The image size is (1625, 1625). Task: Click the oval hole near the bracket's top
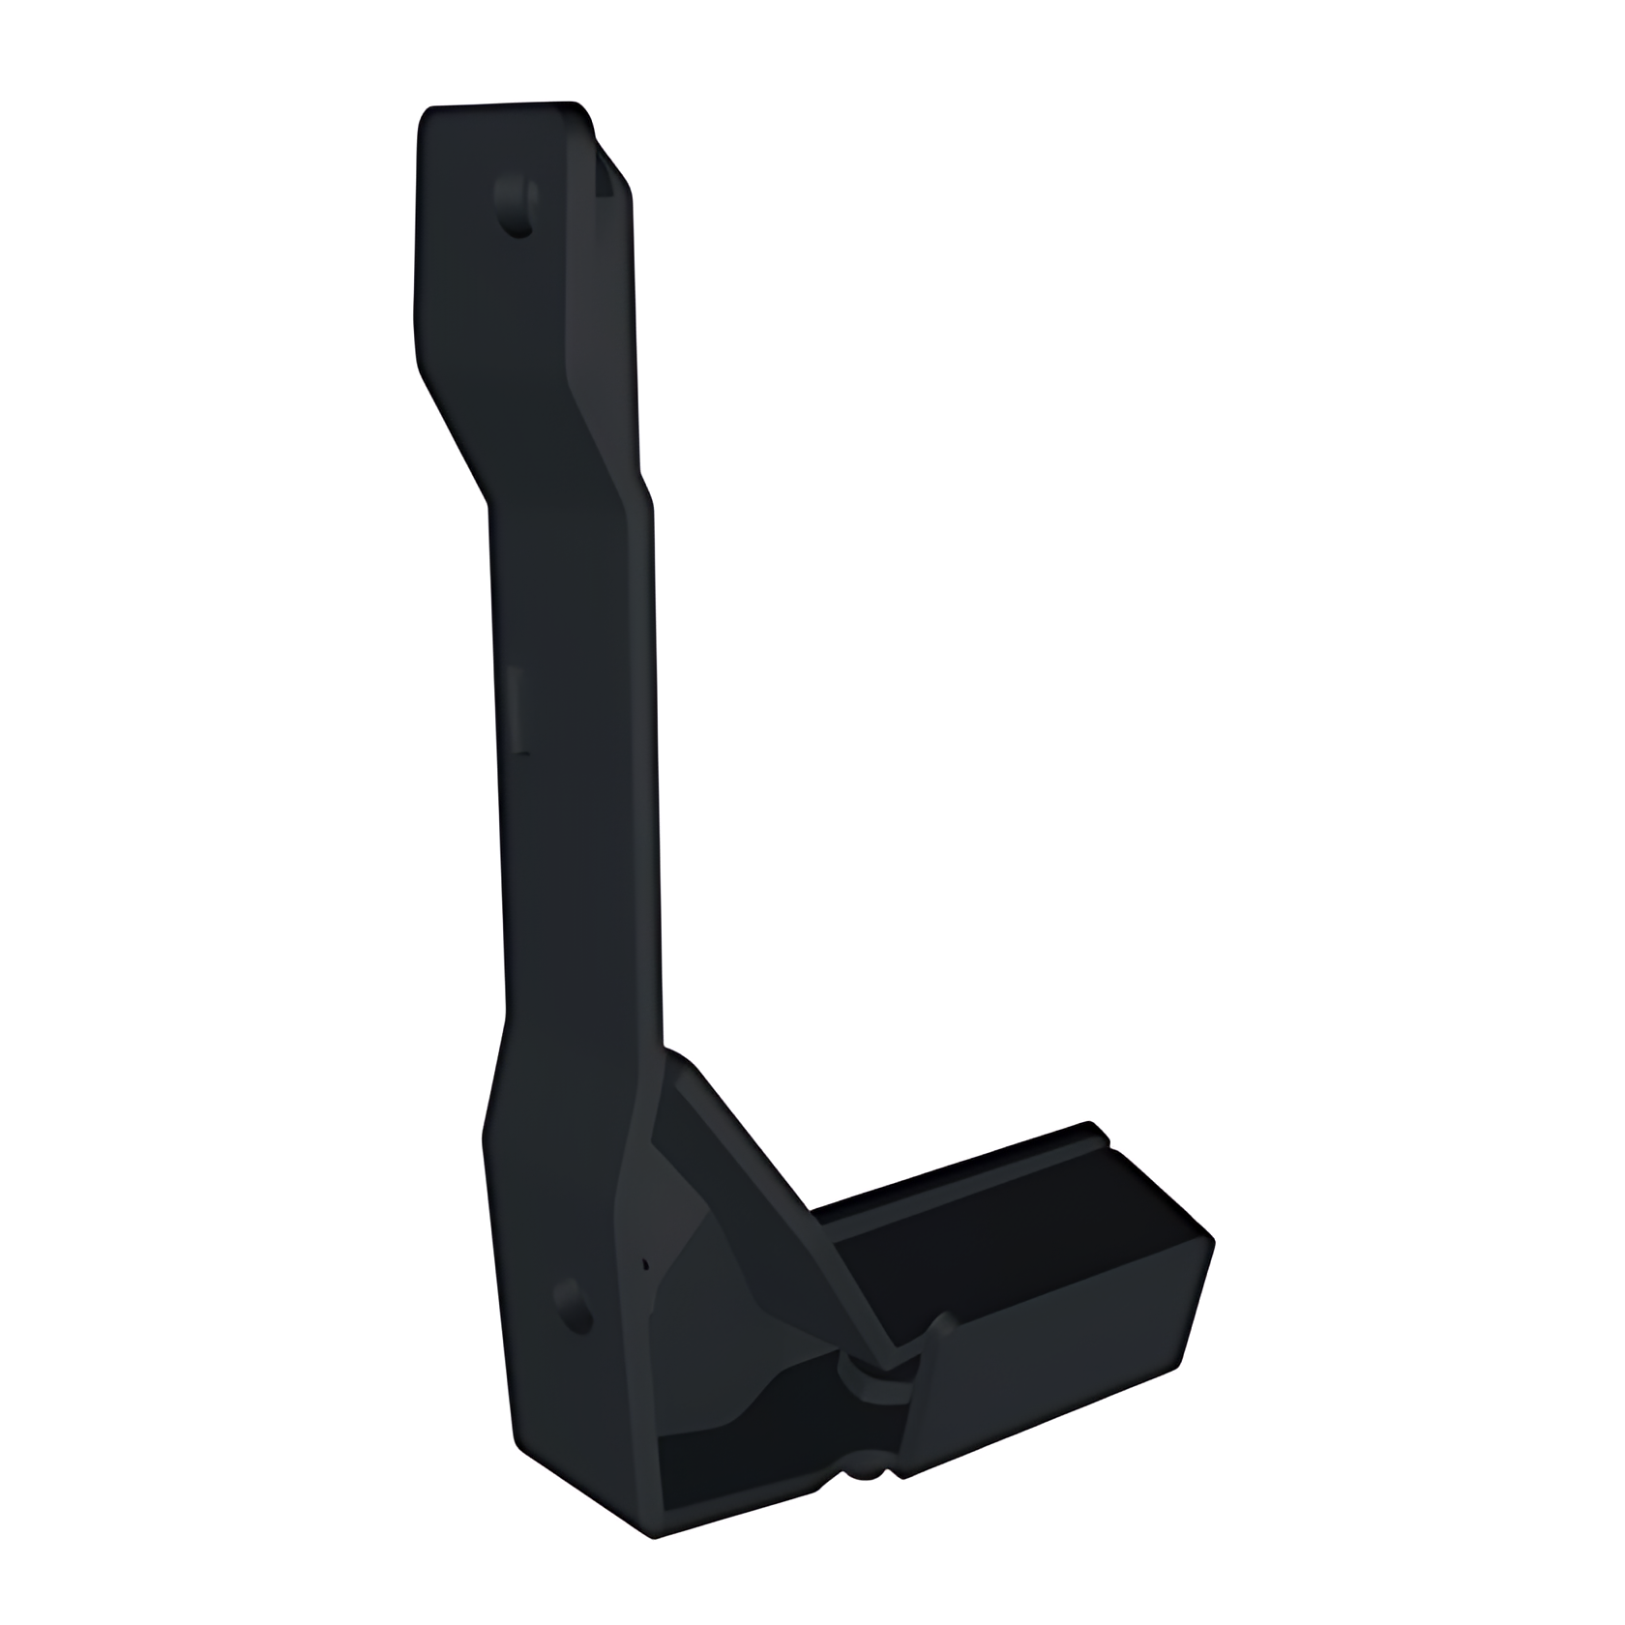point(517,205)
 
